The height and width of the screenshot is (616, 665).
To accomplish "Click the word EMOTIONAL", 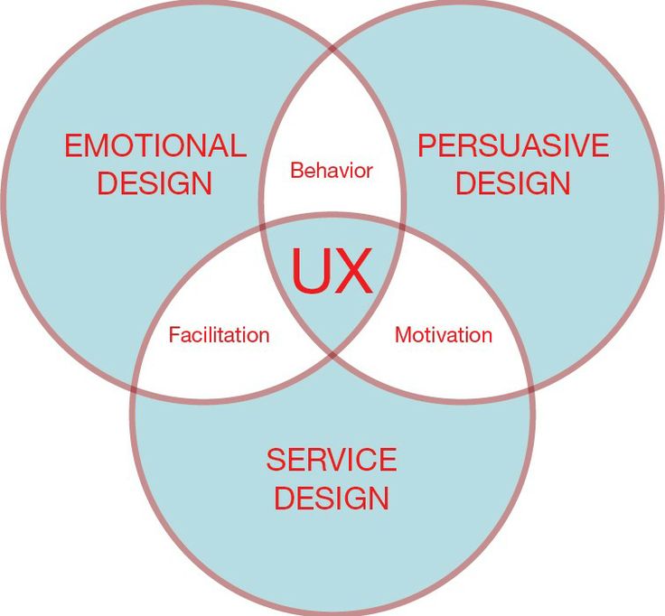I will (155, 146).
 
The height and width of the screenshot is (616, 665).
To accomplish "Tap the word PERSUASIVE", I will (512, 145).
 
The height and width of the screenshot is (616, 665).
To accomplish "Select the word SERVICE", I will (332, 460).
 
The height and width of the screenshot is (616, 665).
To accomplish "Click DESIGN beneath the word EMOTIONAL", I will (155, 184).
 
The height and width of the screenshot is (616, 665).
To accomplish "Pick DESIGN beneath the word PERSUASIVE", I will (512, 184).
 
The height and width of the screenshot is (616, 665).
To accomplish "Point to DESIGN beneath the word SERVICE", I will (332, 498).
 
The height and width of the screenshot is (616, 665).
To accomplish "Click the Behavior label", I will (332, 170).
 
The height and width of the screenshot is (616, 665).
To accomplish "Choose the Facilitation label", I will (219, 335).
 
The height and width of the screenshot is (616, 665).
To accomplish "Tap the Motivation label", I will (444, 335).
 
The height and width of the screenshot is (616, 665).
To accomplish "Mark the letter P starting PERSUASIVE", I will (427, 145).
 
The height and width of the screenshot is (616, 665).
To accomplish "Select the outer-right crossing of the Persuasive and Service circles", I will (530, 381).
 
